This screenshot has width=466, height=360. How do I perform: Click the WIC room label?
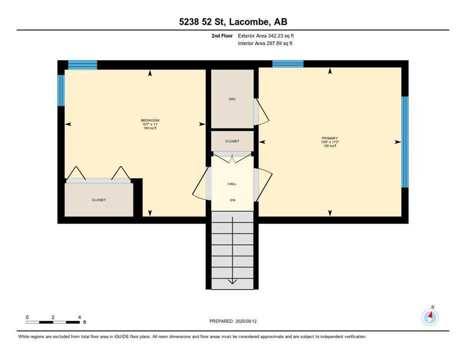click(232, 99)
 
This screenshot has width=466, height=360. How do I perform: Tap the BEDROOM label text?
click(150, 120)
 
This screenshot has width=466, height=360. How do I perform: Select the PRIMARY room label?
click(330, 138)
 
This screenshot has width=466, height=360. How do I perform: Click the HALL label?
click(232, 184)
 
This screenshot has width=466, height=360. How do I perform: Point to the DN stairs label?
click(233, 200)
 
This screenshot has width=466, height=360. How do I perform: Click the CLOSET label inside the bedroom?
click(98, 200)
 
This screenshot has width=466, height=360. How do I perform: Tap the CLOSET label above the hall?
click(232, 141)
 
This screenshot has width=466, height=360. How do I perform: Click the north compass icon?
click(430, 317)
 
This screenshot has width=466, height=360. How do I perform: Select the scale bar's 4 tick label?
click(79, 317)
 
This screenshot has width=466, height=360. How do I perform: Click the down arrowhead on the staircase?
click(232, 281)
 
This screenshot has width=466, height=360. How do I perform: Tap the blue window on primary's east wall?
click(405, 142)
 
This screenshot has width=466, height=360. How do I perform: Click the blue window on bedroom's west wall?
click(61, 90)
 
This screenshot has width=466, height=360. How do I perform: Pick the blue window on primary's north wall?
click(288, 64)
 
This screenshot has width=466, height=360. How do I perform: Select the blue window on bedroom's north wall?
click(83, 65)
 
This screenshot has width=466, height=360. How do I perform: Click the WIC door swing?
click(262, 112)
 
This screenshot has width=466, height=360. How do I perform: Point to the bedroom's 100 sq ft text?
click(150, 128)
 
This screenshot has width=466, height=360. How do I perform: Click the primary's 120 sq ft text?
click(330, 146)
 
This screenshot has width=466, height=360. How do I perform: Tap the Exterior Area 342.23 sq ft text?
click(266, 36)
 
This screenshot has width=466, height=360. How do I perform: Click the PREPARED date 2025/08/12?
click(246, 321)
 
